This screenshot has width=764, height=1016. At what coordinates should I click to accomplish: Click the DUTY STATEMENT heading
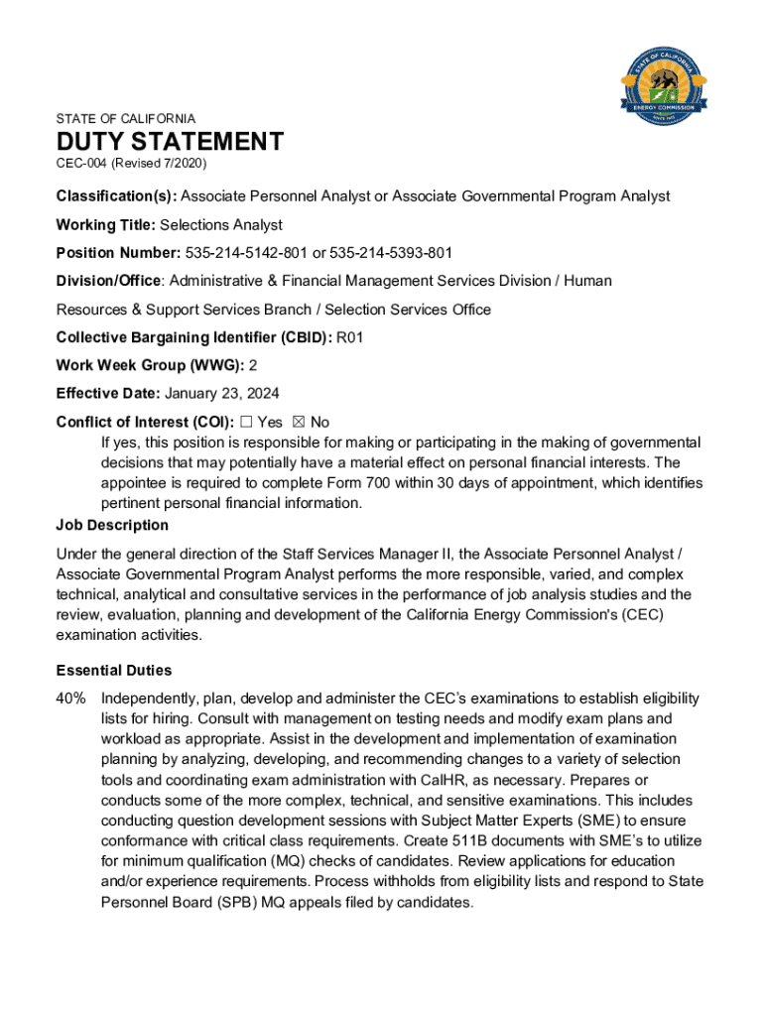(170, 142)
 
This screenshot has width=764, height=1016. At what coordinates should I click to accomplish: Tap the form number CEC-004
(81, 163)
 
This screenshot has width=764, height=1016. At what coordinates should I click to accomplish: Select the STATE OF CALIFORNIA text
(126, 118)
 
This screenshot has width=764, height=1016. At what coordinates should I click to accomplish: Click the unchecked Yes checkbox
(246, 422)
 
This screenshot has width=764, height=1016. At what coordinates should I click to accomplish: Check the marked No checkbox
(300, 422)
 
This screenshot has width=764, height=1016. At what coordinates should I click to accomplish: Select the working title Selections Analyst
(221, 224)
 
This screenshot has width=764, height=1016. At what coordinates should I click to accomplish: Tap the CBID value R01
(350, 337)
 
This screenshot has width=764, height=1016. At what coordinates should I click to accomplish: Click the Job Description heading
(112, 525)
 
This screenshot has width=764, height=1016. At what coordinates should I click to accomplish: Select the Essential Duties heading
(114, 670)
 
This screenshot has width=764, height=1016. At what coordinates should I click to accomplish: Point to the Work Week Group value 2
(253, 365)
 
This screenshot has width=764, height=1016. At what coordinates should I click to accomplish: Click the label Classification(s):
(116, 195)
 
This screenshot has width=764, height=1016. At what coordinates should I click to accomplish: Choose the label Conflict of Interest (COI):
(145, 422)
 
